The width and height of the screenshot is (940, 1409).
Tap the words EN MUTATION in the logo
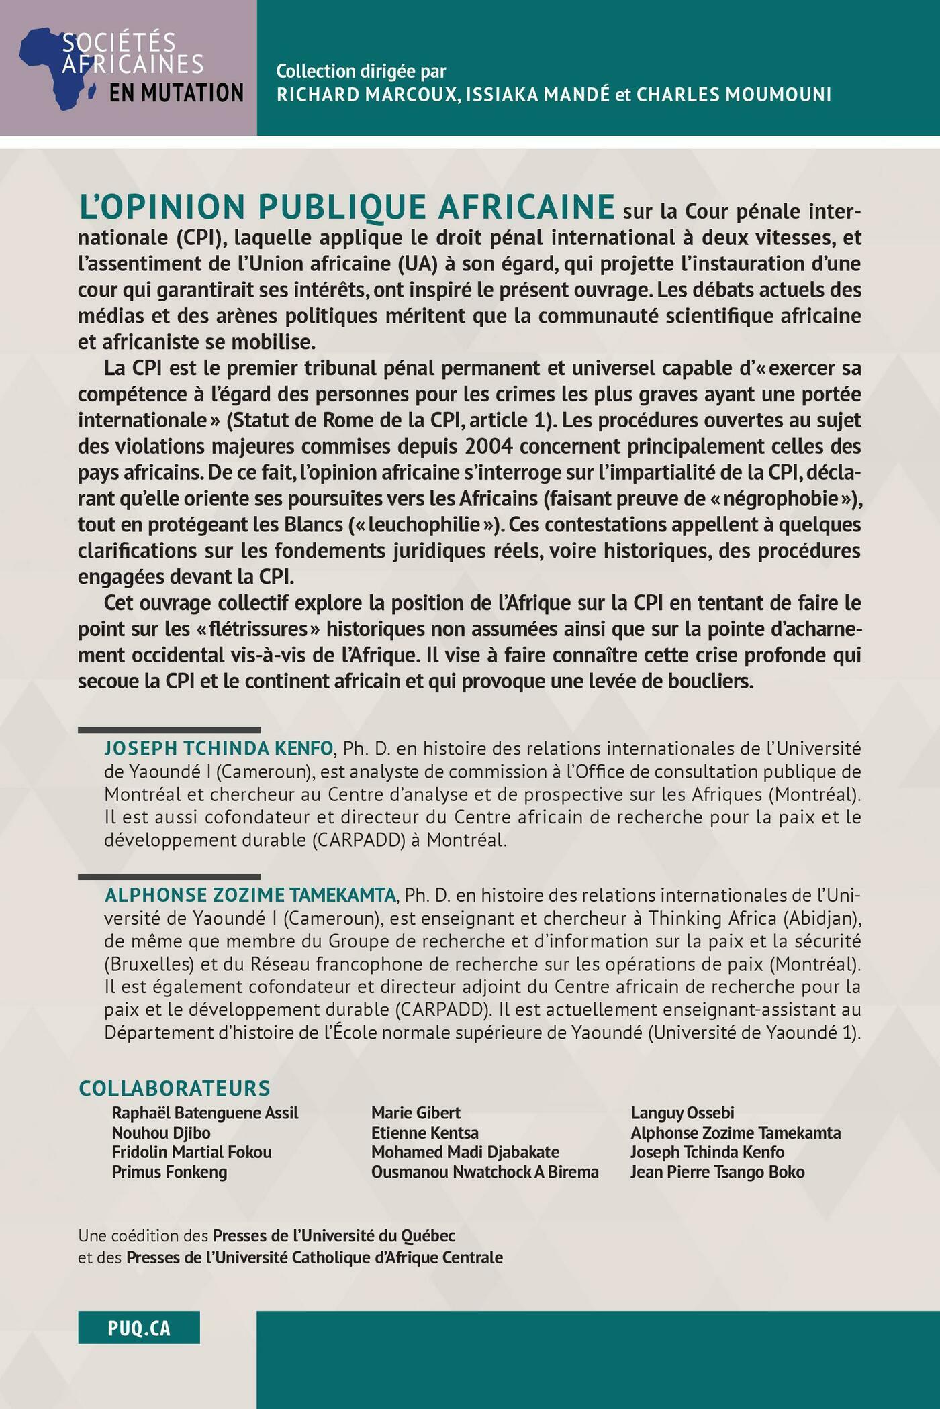176,93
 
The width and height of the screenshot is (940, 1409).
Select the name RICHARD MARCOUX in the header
367,95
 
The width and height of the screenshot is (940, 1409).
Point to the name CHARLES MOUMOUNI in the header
734,95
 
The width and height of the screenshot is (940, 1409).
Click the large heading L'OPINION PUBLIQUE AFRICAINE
346,207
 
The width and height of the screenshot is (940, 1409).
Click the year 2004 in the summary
489,446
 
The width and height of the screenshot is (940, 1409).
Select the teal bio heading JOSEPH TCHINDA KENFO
218,748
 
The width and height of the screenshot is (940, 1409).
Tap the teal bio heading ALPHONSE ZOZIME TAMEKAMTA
250,895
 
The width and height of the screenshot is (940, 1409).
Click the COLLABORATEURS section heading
175,1088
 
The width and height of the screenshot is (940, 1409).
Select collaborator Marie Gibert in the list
416,1113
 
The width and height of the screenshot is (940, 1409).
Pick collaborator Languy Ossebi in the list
682,1113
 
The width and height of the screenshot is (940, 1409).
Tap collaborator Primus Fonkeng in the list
169,1172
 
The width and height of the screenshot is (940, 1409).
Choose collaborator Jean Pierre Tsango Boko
717,1172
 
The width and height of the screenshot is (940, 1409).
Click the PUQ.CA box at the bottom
139,1328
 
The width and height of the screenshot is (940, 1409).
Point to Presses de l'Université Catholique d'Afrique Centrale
314,1257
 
